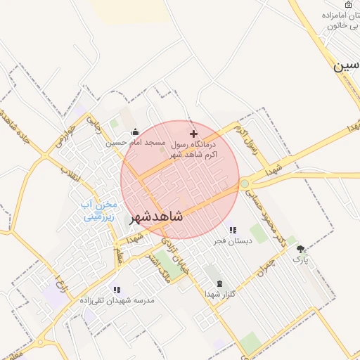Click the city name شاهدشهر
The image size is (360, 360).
click(x=156, y=217)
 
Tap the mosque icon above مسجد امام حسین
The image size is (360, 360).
click(x=135, y=131)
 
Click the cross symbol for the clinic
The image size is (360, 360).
click(x=195, y=134)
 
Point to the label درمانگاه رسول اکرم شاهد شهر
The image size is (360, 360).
click(x=195, y=148)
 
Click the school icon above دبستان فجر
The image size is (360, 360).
click(x=233, y=230)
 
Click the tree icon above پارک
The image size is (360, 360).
click(x=301, y=249)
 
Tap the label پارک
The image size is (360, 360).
click(x=301, y=259)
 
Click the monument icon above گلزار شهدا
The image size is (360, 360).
click(x=219, y=283)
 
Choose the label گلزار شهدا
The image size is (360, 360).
click(x=220, y=294)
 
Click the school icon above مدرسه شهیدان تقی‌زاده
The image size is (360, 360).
click(x=117, y=290)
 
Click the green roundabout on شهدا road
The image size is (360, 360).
click(x=244, y=184)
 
